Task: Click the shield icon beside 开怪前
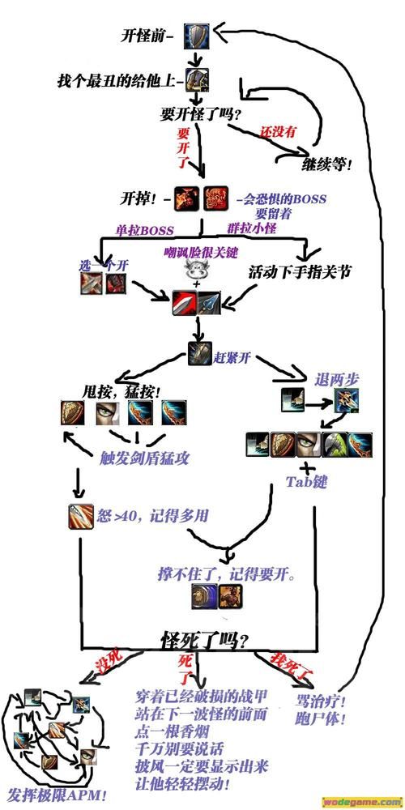196,34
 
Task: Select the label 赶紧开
232,352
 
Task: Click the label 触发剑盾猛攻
144,457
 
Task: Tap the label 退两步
338,379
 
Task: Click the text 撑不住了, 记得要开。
225,574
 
